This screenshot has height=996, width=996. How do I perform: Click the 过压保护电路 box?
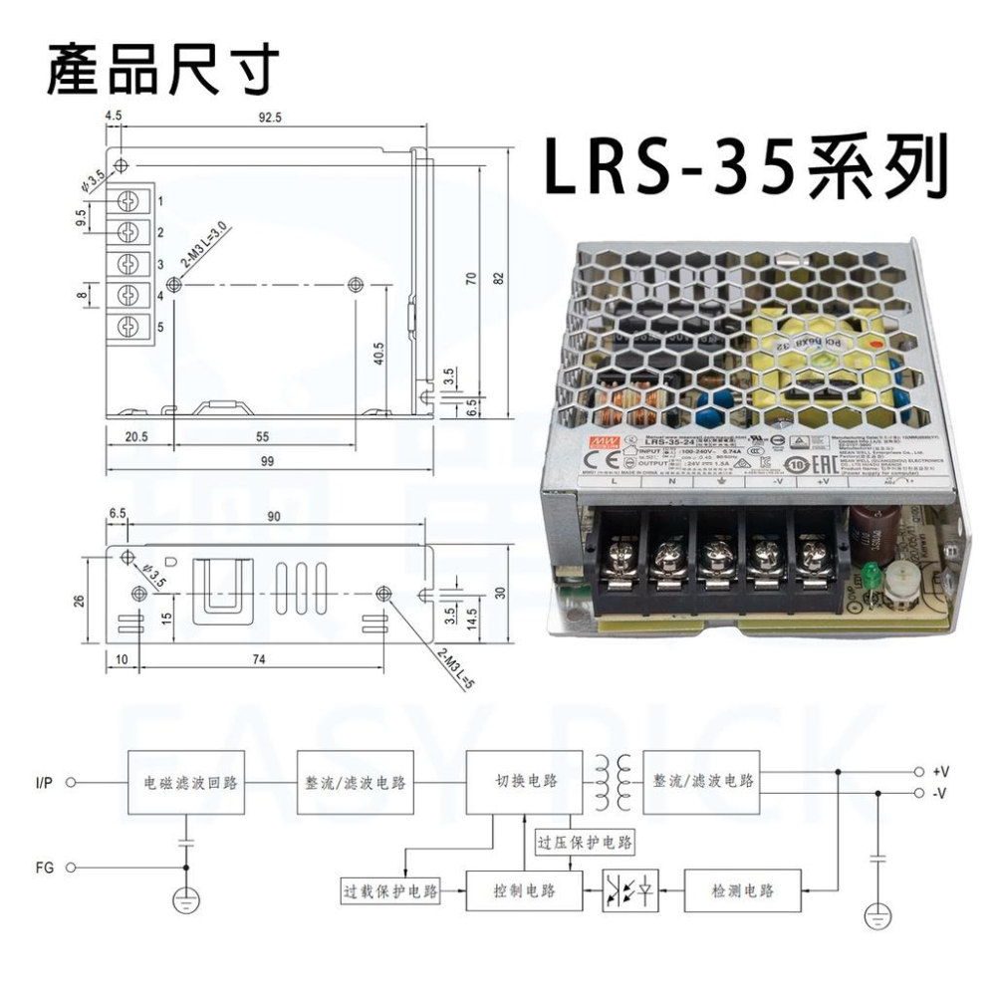(585, 843)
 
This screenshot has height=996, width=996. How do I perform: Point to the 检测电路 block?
(743, 889)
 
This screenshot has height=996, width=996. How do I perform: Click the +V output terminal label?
(940, 772)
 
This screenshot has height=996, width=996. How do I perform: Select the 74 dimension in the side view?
(259, 659)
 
